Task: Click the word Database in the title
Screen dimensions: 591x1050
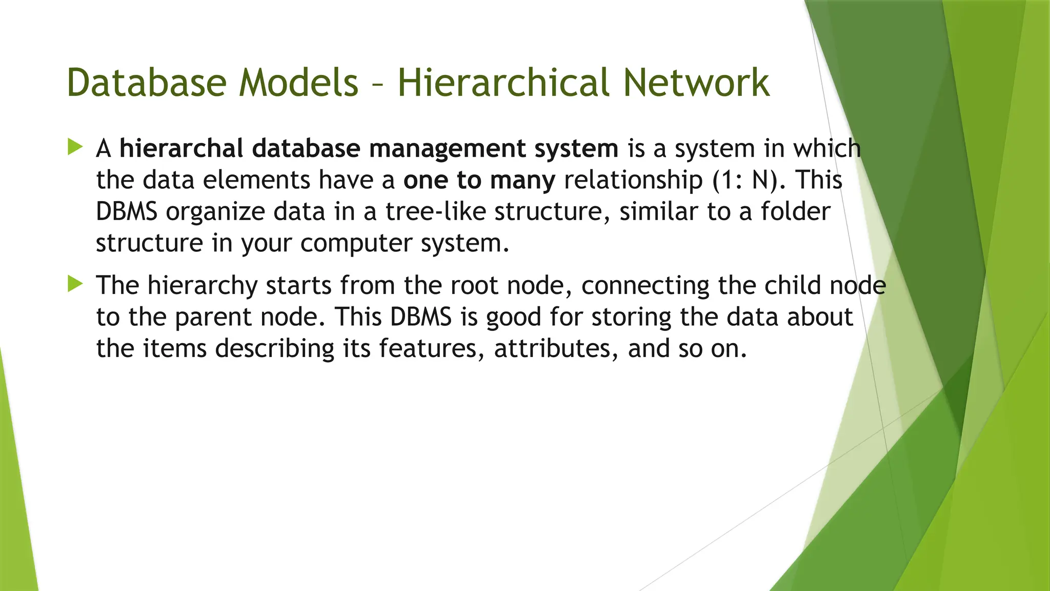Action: coord(146,83)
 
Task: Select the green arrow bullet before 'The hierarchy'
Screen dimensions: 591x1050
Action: coord(75,284)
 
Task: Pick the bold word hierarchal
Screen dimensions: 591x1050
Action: coord(181,148)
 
